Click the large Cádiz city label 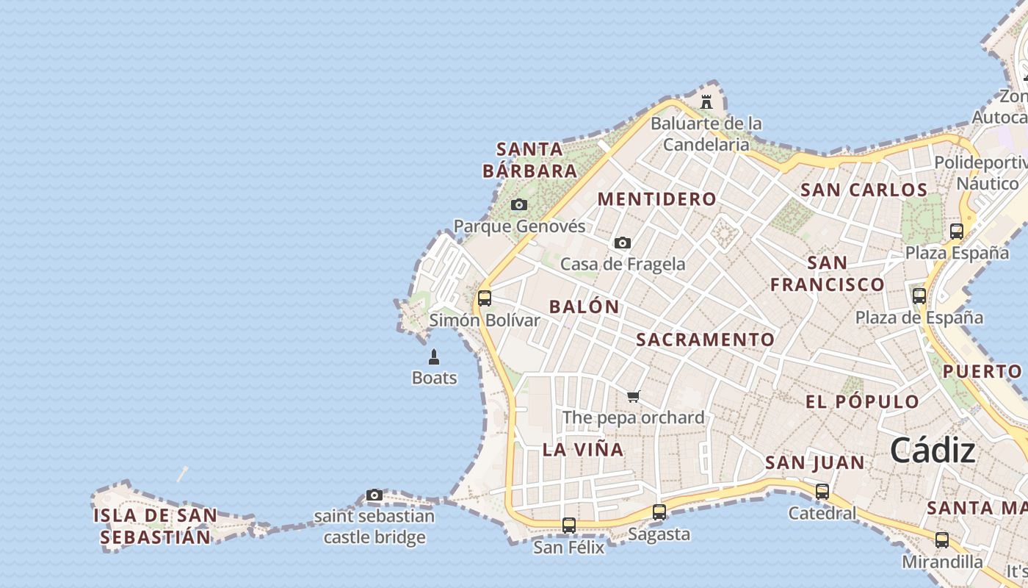pos(933,451)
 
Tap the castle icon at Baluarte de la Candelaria pos(706,101)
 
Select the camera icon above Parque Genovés pos(519,204)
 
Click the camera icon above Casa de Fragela pos(623,243)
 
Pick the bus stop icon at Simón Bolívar pos(485,298)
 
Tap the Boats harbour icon pos(434,357)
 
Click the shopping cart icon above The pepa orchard pos(633,396)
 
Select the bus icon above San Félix pos(569,526)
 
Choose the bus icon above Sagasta pos(659,512)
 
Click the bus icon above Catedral pos(822,492)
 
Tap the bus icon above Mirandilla pos(942,540)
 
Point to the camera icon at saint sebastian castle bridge pos(374,495)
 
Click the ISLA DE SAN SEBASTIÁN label pos(155,526)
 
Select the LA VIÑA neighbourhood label pos(583,449)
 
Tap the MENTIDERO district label pos(656,198)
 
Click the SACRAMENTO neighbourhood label pos(705,339)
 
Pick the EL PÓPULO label pos(862,401)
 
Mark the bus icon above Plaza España pos(957,231)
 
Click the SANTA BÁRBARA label pos(529,159)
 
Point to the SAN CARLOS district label pos(864,190)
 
